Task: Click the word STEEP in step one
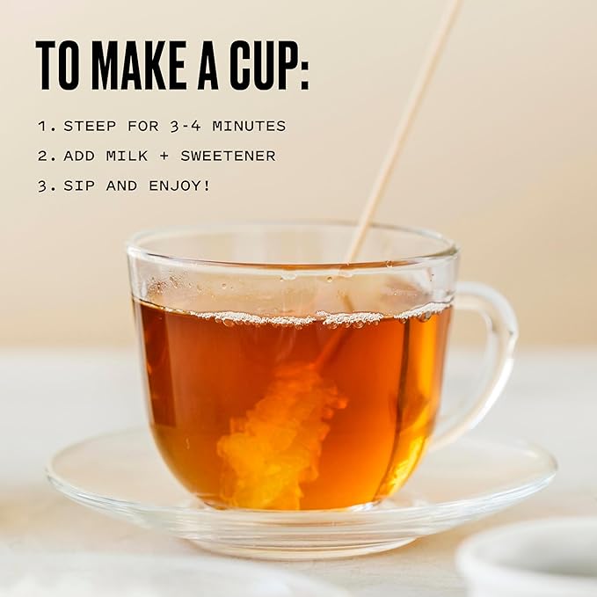(x=90, y=126)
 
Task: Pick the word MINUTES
(x=249, y=126)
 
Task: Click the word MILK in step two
(x=127, y=157)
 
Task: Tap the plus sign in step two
(x=164, y=157)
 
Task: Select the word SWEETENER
(x=228, y=157)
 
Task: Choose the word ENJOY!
(x=179, y=186)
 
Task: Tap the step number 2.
(x=42, y=157)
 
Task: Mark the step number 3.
(x=42, y=186)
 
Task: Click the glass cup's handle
(x=502, y=343)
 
